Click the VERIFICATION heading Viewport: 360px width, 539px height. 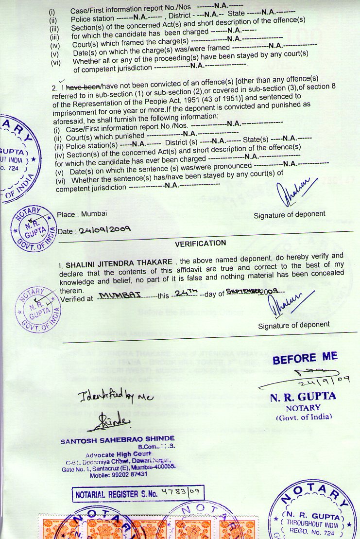pyautogui.click(x=201, y=243)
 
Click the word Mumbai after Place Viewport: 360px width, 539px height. pyautogui.click(x=94, y=214)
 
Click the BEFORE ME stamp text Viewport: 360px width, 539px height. pyautogui.click(x=305, y=358)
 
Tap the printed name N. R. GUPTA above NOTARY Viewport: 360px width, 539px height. pyautogui.click(x=302, y=397)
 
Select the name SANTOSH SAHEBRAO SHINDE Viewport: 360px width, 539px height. pyautogui.click(x=118, y=441)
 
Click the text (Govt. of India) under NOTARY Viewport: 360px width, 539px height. pyautogui.click(x=303, y=417)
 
